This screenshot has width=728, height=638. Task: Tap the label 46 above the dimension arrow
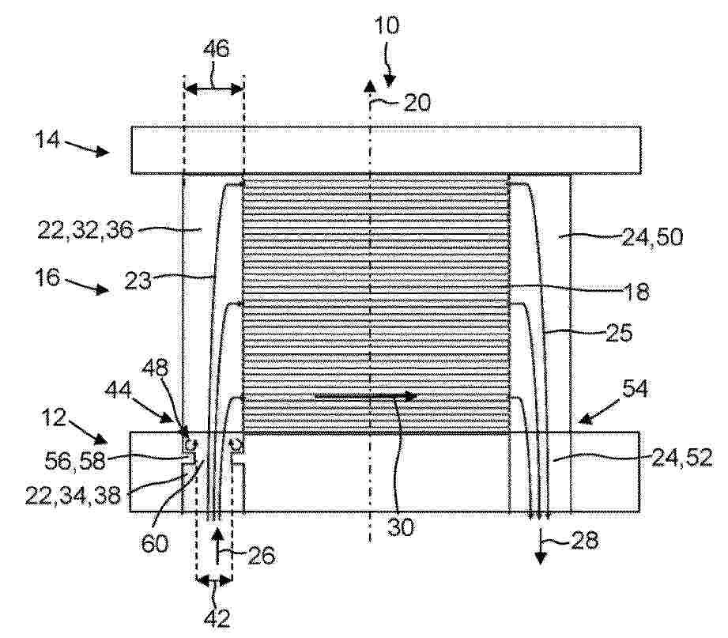(217, 47)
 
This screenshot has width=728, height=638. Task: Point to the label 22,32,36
(85, 230)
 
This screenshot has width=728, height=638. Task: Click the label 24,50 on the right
(652, 238)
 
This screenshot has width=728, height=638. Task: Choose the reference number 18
(637, 292)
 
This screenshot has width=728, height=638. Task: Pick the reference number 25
(620, 333)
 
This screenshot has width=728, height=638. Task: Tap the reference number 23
(138, 281)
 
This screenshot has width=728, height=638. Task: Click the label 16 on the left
(47, 277)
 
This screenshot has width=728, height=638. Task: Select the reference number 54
(635, 389)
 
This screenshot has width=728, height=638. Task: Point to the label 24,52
(681, 459)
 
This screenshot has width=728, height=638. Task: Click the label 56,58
(75, 461)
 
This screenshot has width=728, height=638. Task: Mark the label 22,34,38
(73, 496)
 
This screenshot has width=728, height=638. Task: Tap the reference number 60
(155, 543)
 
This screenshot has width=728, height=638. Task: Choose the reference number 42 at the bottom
(217, 618)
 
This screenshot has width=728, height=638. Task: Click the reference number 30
(400, 527)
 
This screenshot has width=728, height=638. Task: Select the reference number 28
(585, 540)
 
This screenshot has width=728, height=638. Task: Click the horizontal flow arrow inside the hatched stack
(366, 396)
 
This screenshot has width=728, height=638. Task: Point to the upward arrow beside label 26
(217, 547)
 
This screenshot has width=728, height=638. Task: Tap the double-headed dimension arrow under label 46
(213, 89)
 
